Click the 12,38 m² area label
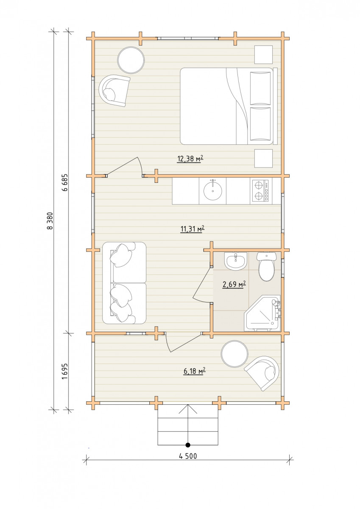point(190,159)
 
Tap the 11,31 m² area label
point(192,229)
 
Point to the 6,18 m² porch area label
point(194,371)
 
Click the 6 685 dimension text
point(65,183)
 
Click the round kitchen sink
point(213,191)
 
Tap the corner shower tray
point(262,313)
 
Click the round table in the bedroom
point(131,60)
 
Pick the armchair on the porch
point(263,373)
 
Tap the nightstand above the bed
point(263,55)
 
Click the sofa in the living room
point(124,282)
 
